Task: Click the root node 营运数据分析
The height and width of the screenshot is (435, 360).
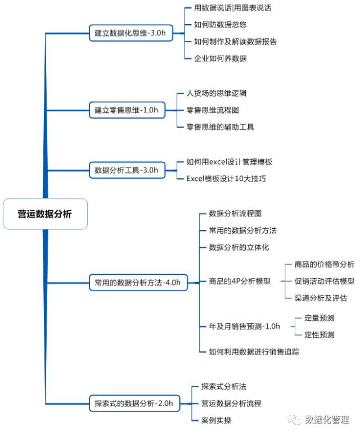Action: coord(45,214)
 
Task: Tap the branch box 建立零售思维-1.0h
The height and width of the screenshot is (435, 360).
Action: coord(127,110)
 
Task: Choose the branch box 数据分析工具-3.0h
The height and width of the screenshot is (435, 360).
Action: coord(127,170)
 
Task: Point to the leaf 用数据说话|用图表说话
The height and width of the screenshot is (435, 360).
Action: coord(232,8)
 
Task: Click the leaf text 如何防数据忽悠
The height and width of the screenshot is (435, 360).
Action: coord(220,25)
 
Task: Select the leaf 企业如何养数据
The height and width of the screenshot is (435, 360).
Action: coord(220,58)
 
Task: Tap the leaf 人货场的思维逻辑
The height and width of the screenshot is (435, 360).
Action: coord(216,93)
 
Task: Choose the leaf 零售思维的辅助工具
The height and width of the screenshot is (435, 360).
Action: coord(220,127)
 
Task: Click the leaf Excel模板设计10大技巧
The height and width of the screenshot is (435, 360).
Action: coord(226,179)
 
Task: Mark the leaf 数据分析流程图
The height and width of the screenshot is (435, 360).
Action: coord(235,214)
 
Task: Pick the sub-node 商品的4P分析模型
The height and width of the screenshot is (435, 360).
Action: coord(239,281)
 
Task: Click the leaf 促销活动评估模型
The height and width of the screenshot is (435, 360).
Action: coord(324,281)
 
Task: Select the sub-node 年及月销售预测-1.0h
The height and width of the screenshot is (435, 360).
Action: coord(244,326)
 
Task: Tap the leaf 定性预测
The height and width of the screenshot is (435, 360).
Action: coord(319,334)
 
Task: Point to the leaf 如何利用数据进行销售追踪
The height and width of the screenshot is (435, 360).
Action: coord(254,351)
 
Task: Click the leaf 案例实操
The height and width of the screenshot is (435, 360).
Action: coord(216,420)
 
